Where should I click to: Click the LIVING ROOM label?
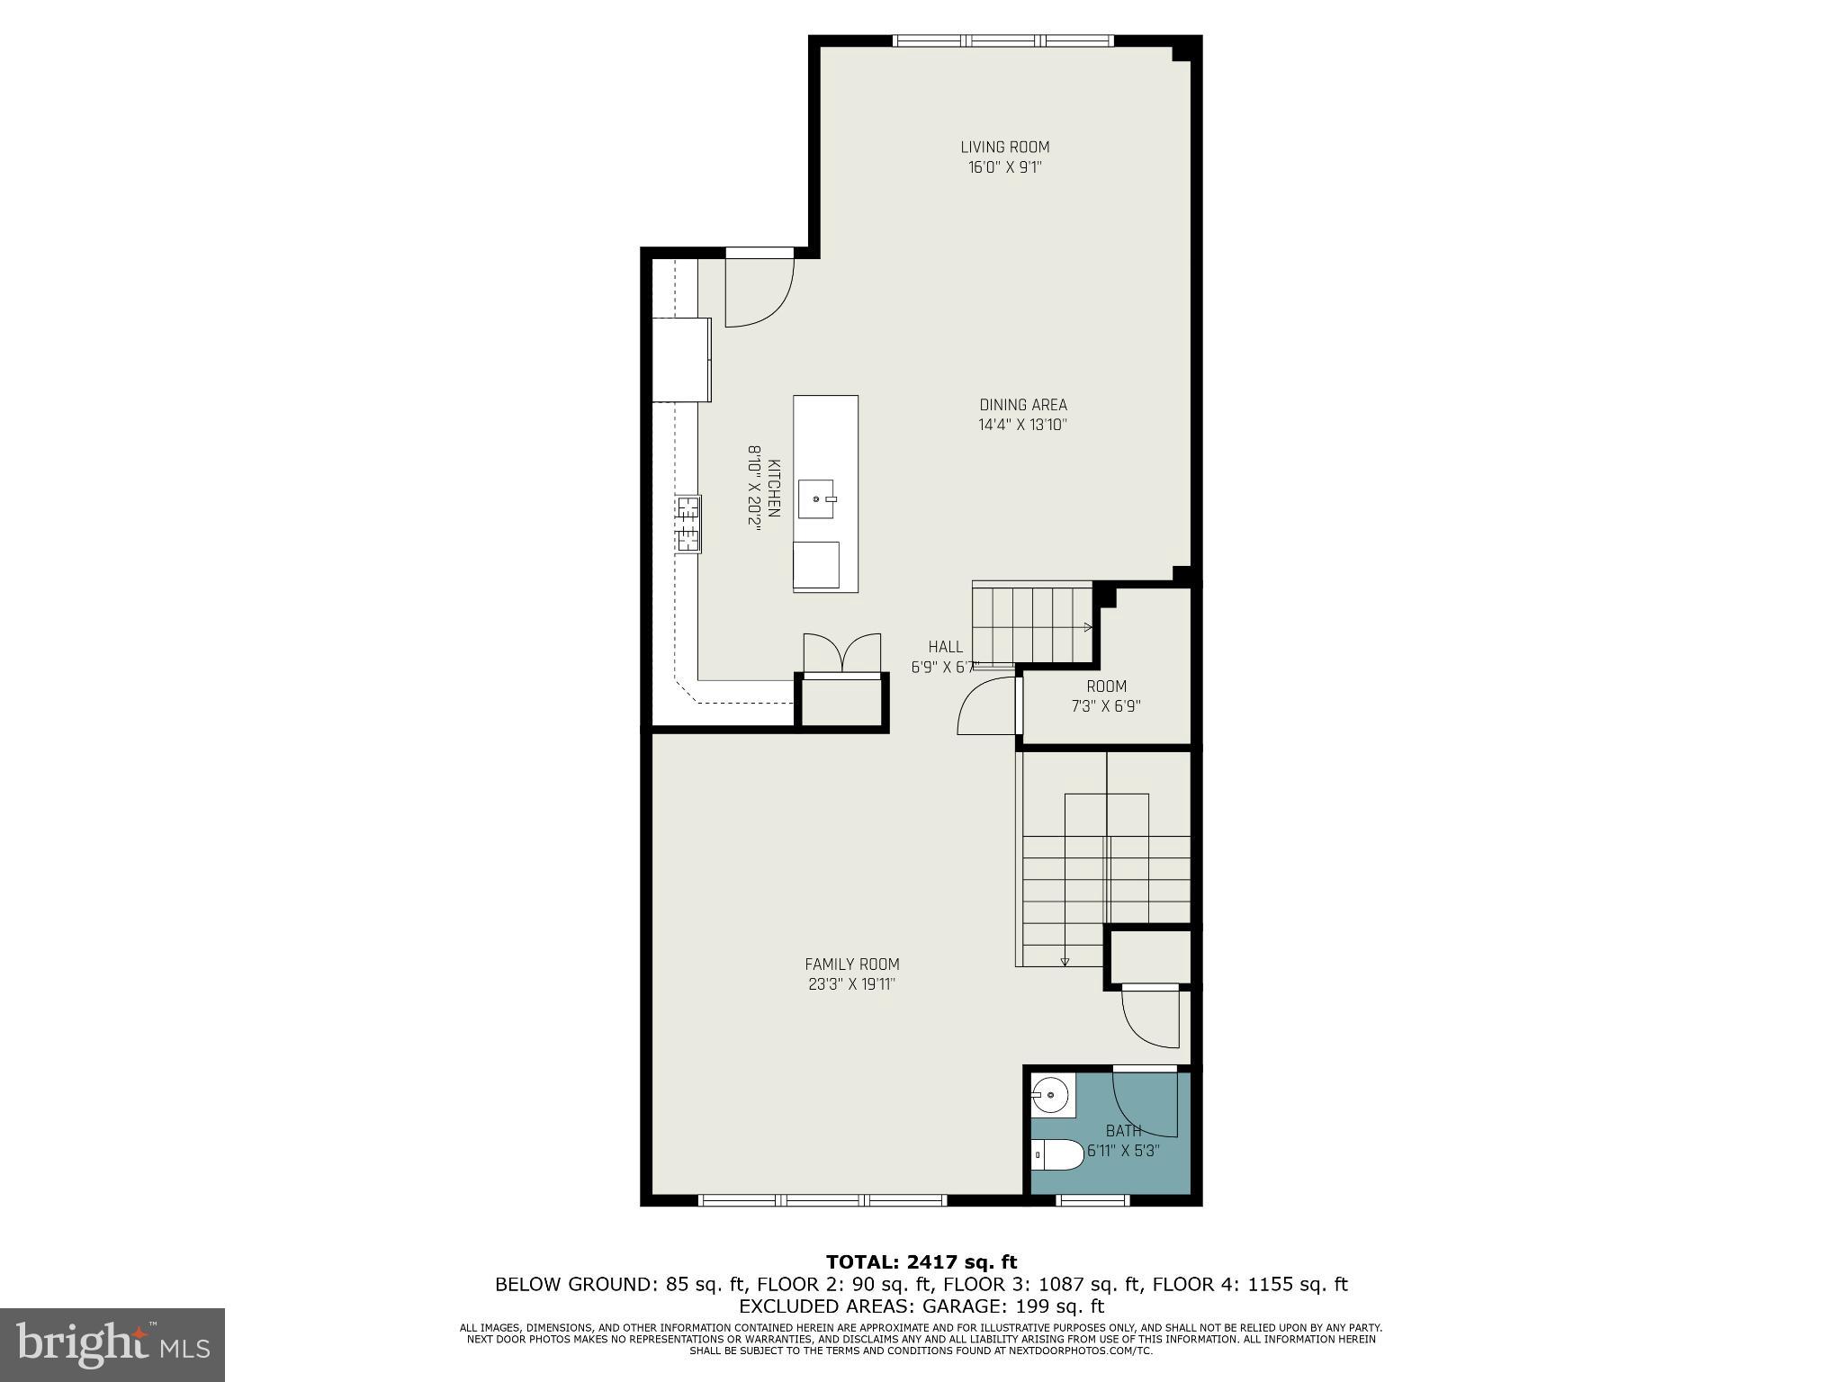(x=1004, y=147)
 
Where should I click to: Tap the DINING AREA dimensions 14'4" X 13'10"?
(x=1022, y=426)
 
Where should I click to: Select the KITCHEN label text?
(x=774, y=488)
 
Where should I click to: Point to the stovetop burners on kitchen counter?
(x=688, y=523)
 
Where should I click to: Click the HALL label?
(x=945, y=647)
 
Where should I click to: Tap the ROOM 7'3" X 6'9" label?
(x=1106, y=696)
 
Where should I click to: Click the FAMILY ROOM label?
(x=851, y=965)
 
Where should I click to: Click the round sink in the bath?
(x=1049, y=1096)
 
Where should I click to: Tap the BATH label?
(x=1123, y=1131)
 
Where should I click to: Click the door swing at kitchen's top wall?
(x=758, y=292)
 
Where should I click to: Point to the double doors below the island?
(x=841, y=653)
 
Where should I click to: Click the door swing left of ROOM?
(x=987, y=707)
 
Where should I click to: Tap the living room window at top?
(x=1003, y=40)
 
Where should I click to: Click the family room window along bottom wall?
(x=823, y=1200)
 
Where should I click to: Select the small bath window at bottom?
(x=1092, y=1200)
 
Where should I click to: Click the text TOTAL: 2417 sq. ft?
(x=921, y=1262)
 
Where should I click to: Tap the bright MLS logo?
(x=112, y=1345)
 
